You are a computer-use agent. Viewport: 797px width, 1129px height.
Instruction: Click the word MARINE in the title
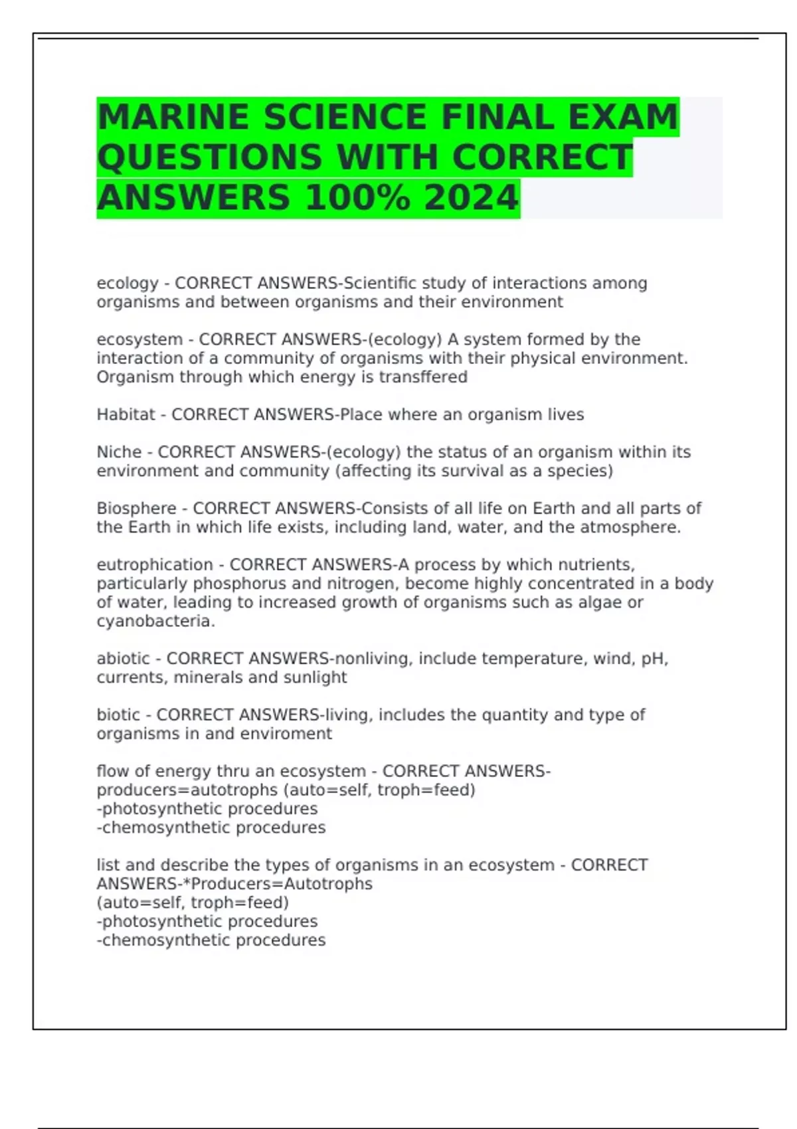pos(173,118)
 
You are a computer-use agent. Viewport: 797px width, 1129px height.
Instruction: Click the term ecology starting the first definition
pos(128,284)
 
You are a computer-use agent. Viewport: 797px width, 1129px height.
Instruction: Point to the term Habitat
pos(126,415)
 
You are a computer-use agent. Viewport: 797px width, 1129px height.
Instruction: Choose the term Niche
pos(119,452)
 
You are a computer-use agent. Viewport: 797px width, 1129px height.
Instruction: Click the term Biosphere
pos(136,509)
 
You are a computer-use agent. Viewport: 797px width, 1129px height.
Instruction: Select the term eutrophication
pos(155,565)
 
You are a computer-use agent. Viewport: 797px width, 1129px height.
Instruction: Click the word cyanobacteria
pos(155,622)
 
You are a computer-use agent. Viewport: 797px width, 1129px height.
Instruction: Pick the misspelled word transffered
pos(423,377)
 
